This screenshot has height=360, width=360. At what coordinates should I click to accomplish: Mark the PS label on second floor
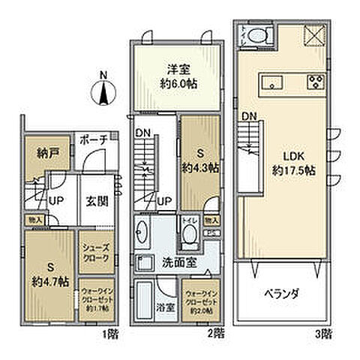pos(211,232)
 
